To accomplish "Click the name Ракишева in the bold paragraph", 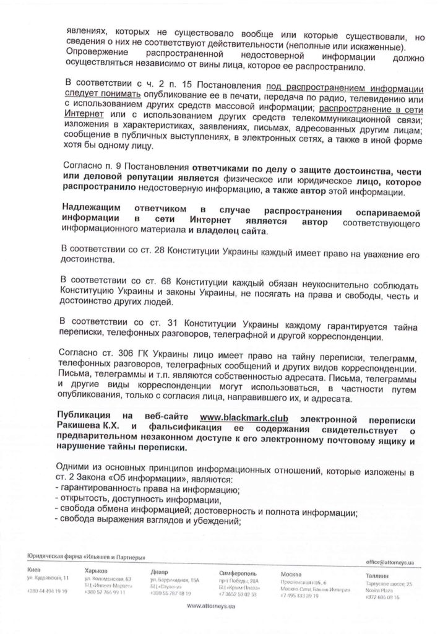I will point(84,427).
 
